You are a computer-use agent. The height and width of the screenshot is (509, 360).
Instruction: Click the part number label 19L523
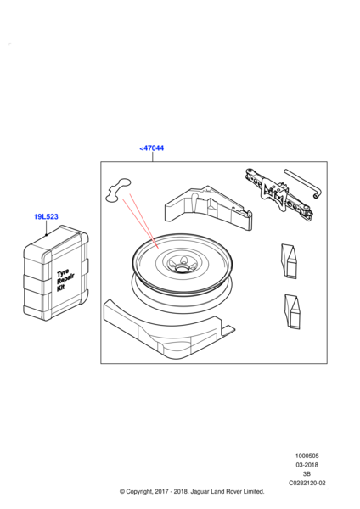(46, 216)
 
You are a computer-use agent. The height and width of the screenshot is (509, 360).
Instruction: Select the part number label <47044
(152, 148)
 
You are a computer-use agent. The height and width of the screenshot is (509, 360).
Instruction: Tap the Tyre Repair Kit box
(55, 273)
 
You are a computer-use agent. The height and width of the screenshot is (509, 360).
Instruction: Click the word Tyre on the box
(63, 272)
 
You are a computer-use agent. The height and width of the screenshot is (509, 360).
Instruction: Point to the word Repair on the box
(65, 279)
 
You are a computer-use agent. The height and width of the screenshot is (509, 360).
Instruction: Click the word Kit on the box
(61, 287)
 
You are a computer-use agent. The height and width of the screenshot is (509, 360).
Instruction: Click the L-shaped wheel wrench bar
(302, 184)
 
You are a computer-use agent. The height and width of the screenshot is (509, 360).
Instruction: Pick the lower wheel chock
(292, 311)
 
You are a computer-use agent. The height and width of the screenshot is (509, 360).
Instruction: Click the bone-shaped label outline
(118, 190)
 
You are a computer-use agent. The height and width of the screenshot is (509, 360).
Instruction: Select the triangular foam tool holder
(208, 208)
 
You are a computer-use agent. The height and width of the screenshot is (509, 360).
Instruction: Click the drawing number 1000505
(307, 456)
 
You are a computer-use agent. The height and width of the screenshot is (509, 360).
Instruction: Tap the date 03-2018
(307, 465)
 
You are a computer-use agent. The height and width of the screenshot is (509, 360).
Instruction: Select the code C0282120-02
(307, 483)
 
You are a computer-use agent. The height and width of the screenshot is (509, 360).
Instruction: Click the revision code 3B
(307, 474)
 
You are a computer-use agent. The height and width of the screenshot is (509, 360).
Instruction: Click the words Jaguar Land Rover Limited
(227, 491)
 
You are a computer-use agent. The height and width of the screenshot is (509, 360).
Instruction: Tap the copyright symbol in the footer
(122, 492)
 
